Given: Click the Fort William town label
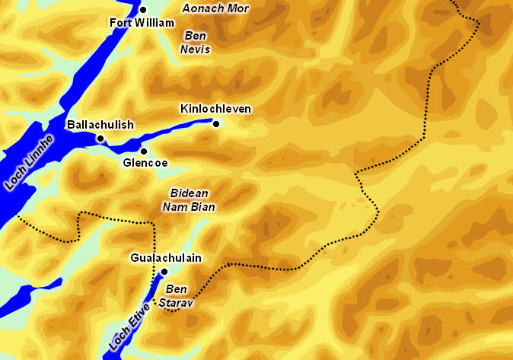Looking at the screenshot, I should (x=142, y=23).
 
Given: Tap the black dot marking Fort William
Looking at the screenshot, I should (x=143, y=9).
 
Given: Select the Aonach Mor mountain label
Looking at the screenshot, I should (x=215, y=8).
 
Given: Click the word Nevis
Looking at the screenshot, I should (x=196, y=49).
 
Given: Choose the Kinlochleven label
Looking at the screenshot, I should (x=215, y=109).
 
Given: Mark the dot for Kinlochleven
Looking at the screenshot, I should (x=216, y=124).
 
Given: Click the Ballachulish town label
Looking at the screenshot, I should (x=100, y=125).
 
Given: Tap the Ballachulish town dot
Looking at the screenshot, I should (x=100, y=139).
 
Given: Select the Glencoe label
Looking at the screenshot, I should (x=145, y=162).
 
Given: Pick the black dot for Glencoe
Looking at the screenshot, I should (x=143, y=151).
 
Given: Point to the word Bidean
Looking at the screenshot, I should (x=189, y=193).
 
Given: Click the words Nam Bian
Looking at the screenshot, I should (x=189, y=206).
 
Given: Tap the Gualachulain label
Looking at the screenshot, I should (x=166, y=258).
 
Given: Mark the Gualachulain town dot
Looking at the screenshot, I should (x=164, y=272).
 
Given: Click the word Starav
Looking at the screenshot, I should (x=176, y=302).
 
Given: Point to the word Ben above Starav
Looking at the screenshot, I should (x=176, y=289).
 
